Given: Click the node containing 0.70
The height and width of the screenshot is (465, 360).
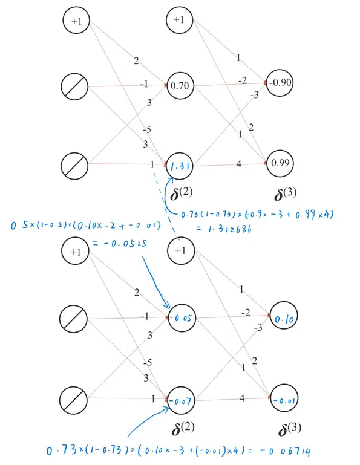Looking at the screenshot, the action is pos(180,86).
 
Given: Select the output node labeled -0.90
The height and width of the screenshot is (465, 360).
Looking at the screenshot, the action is pos(280,82).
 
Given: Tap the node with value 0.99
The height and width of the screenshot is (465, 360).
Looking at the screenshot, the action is pos(280,163).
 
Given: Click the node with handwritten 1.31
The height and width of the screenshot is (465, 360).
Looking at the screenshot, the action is pos(180,166).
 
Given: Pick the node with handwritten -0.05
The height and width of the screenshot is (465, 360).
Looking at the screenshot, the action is pos(182,318).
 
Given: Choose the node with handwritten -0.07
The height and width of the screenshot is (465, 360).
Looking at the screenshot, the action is pos(181,400).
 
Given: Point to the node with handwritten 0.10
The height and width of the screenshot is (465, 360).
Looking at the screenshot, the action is pos(284,316).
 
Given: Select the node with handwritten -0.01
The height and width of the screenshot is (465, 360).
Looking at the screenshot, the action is pos(284,398).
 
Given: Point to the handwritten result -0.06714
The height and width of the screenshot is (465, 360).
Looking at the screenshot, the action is pos(285,451).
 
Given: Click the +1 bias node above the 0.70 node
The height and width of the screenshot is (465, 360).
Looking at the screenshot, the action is pos(180,20).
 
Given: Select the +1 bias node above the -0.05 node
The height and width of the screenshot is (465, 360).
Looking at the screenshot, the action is pos(181,250).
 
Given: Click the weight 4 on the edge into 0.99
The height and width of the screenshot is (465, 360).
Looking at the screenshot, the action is pos(238,164).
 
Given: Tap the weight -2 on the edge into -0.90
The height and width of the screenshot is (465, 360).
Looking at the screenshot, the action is pos(243,80).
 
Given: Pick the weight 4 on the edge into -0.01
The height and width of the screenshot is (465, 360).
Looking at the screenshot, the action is pos(242,398).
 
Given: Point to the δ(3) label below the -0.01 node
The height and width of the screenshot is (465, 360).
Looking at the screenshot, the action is pos(290,429).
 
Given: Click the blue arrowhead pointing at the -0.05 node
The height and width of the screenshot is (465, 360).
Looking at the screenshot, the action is pos(167,306).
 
